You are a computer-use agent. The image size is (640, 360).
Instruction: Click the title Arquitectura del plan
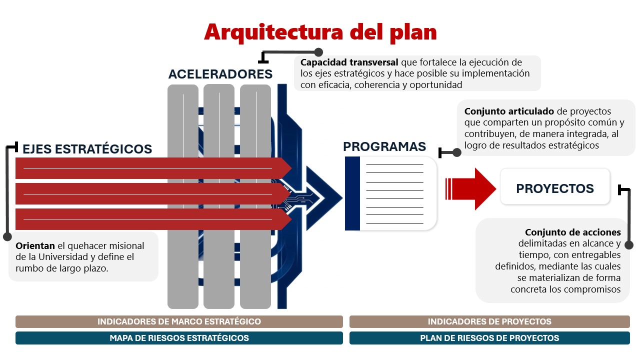[x=320, y=32]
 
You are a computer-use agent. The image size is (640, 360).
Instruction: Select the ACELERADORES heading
[x=220, y=74]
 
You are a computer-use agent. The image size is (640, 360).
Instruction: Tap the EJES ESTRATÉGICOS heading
[x=87, y=149]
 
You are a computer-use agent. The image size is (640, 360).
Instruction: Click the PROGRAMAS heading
[x=384, y=146]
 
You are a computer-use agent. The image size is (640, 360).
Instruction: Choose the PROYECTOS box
[x=555, y=188]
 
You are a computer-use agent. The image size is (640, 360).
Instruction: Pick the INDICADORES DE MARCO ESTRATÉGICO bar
[x=179, y=321]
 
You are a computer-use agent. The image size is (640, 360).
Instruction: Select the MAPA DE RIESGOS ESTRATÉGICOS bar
[x=179, y=338]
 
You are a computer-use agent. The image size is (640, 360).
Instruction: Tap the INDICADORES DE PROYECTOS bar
[x=489, y=321]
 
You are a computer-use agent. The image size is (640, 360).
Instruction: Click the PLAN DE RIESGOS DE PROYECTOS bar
[x=489, y=338]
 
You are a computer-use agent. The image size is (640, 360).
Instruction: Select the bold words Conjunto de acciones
[x=572, y=232]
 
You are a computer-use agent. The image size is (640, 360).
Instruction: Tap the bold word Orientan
[x=35, y=246]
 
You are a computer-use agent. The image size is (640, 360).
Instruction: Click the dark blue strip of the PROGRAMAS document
[x=352, y=193]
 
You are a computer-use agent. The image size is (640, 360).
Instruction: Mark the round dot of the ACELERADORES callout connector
[x=318, y=52]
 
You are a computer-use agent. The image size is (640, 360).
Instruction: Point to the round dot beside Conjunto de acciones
[x=629, y=245]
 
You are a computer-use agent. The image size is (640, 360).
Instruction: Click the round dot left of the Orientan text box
[x=7, y=236]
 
